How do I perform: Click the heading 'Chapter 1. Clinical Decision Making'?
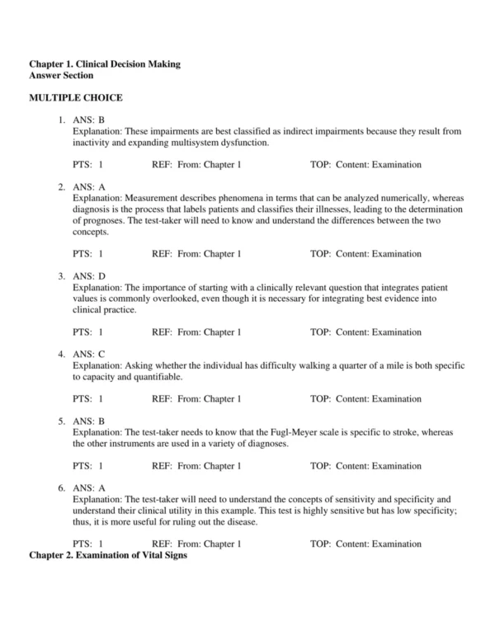point(105,64)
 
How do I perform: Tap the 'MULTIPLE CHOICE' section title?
point(76,98)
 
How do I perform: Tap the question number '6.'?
point(62,487)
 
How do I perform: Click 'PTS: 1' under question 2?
point(87,254)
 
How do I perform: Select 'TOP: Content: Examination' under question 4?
point(365,399)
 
